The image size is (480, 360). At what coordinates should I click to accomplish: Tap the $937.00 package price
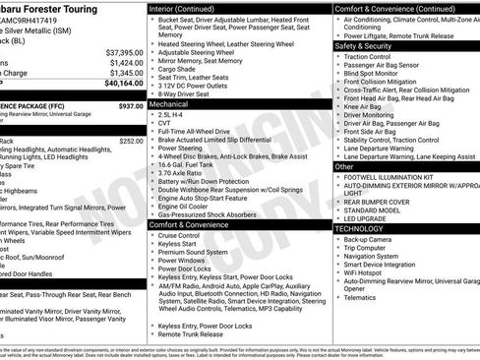[130, 105]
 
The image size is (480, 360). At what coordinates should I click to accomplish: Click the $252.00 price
[130, 141]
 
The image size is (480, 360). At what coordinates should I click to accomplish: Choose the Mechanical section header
[168, 102]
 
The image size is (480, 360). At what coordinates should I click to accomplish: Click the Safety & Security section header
[364, 45]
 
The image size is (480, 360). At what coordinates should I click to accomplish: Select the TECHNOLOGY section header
[359, 227]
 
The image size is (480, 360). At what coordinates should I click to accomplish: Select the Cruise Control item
[178, 236]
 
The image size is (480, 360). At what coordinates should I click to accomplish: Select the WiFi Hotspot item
[368, 272]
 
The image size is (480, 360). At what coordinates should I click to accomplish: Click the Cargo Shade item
[178, 70]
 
